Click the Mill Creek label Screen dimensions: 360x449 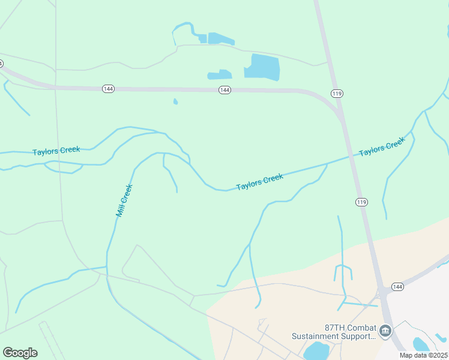pyautogui.click(x=124, y=200)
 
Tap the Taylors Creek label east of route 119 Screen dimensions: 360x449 pyautogui.click(x=382, y=147)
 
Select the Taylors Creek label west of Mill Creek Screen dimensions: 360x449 pyautogui.click(x=56, y=151)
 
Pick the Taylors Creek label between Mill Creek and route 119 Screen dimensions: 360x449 pyautogui.click(x=259, y=182)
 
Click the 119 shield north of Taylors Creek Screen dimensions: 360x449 pyautogui.click(x=336, y=93)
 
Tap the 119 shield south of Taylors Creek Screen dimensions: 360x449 pyautogui.click(x=361, y=202)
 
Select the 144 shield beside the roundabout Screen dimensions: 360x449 pyautogui.click(x=397, y=287)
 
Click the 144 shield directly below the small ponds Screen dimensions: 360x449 pyautogui.click(x=224, y=89)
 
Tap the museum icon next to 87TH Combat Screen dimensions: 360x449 pyautogui.click(x=385, y=329)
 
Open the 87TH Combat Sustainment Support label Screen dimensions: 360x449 pyautogui.click(x=333, y=332)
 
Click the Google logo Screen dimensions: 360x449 pyautogui.click(x=20, y=352)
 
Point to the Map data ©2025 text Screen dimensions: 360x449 pyautogui.click(x=423, y=355)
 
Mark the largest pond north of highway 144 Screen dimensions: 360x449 pyautogui.click(x=262, y=67)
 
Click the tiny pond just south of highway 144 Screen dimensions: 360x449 pyautogui.click(x=175, y=101)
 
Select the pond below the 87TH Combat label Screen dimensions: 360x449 pyautogui.click(x=316, y=352)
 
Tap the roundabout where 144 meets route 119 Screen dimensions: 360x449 pyautogui.click(x=382, y=293)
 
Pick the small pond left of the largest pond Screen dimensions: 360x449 pyautogui.click(x=220, y=75)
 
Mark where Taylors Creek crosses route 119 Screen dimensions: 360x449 pyautogui.click(x=351, y=157)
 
